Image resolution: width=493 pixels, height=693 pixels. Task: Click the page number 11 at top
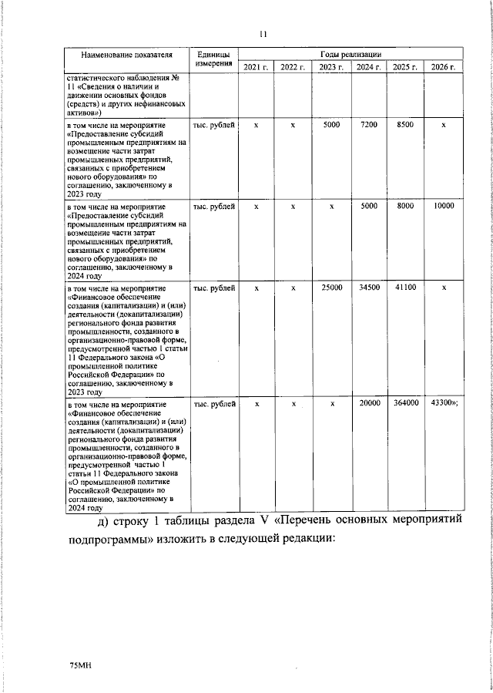[x=263, y=35]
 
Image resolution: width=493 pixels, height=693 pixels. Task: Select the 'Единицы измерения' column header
[x=213, y=61]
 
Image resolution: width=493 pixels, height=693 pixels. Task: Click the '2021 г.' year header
[x=257, y=69]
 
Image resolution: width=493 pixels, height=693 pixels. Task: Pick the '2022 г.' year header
[x=293, y=69]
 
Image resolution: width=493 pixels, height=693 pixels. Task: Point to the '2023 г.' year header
[x=331, y=69]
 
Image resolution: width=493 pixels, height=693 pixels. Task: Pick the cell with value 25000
[x=331, y=288]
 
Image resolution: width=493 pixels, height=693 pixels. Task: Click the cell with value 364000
[x=405, y=402]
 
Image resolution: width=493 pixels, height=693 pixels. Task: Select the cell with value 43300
[x=443, y=402]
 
